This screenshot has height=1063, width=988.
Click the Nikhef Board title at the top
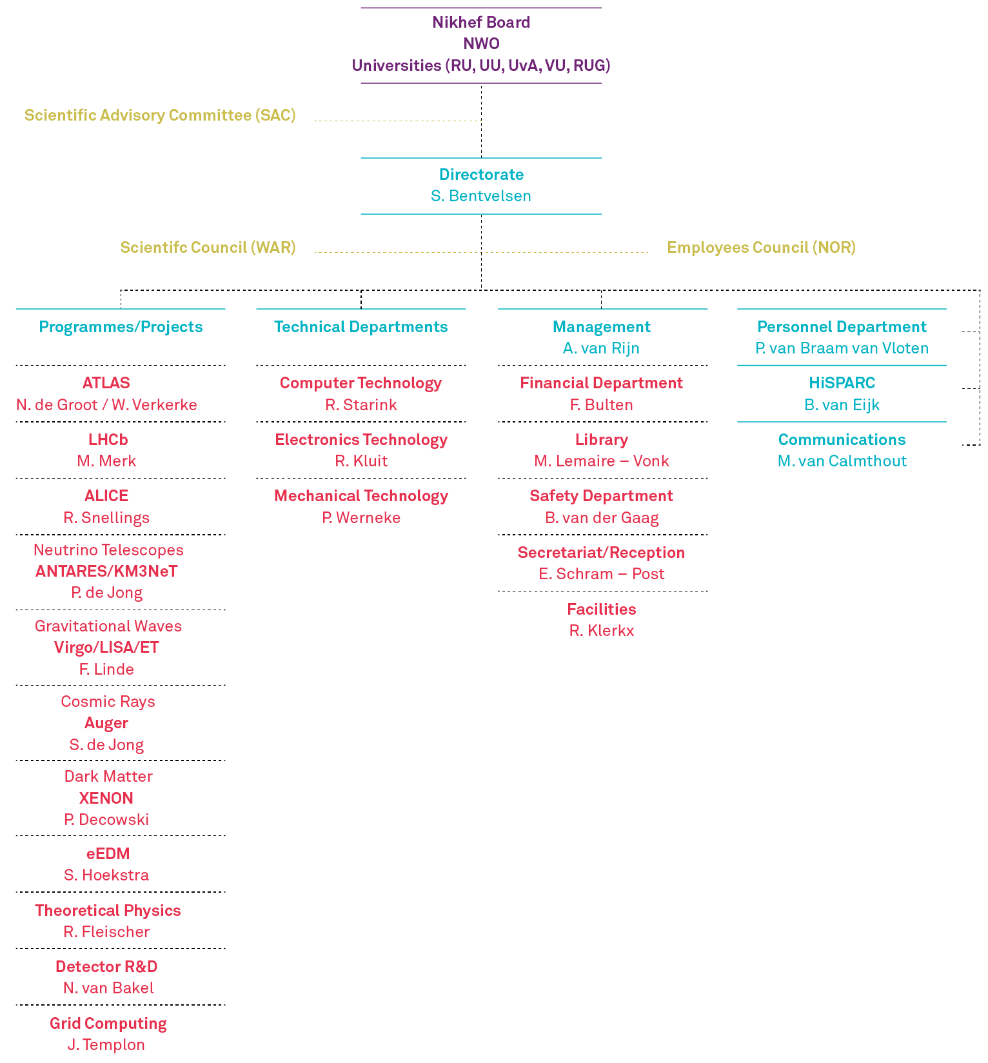click(481, 23)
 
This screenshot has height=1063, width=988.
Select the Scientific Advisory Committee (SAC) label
click(160, 115)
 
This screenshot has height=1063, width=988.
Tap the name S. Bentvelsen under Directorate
click(481, 196)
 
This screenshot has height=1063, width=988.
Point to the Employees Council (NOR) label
click(761, 248)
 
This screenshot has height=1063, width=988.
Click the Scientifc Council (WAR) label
click(208, 248)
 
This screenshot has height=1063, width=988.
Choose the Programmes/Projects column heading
click(121, 327)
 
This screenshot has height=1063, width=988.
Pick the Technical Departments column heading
click(361, 327)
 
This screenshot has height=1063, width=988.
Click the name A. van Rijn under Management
click(601, 348)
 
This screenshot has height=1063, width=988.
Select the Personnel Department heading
click(842, 327)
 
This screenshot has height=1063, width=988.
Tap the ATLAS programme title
click(106, 383)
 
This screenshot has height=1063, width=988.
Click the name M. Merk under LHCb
click(106, 461)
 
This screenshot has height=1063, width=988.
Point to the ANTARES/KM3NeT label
click(106, 571)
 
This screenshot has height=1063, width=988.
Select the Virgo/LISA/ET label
click(106, 648)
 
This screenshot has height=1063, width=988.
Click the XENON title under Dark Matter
click(106, 799)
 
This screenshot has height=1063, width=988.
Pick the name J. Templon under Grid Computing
click(106, 1045)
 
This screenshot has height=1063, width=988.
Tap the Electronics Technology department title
click(361, 440)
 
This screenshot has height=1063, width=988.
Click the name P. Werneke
click(361, 518)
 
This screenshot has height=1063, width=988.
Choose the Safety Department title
click(601, 496)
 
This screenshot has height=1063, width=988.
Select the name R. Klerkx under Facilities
click(601, 631)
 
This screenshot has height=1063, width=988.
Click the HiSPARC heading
click(842, 383)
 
